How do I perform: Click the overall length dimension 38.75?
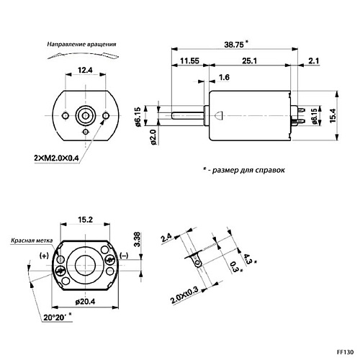234,45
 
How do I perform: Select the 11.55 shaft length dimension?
189,60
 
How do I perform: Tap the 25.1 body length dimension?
249,60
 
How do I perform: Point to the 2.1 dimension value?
314,60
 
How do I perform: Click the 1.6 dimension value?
224,77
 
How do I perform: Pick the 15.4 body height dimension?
333,116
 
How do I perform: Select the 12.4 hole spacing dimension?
85,70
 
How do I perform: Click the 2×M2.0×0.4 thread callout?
56,158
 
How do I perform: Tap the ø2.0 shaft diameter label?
153,138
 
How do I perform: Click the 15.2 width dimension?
85,220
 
